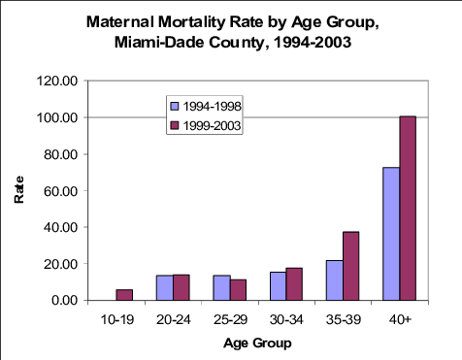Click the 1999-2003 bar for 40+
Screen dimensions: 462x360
click(408, 209)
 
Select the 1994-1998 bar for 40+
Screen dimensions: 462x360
click(391, 234)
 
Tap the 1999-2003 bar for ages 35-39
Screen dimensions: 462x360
click(351, 266)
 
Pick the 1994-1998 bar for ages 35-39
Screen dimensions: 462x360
click(335, 280)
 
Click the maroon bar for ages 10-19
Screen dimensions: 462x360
click(124, 295)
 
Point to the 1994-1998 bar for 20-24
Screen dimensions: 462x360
click(165, 288)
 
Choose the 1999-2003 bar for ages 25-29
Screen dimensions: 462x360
click(238, 290)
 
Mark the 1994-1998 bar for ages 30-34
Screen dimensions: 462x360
click(278, 286)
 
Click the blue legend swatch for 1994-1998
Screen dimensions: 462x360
click(175, 106)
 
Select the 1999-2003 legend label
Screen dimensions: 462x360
click(212, 126)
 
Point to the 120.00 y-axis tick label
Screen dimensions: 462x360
click(57, 81)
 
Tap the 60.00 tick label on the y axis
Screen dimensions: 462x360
click(61, 191)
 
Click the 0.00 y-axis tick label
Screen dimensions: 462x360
click(65, 300)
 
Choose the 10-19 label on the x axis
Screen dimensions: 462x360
click(117, 319)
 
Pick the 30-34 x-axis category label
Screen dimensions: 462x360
click(286, 319)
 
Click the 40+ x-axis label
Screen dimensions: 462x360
click(400, 319)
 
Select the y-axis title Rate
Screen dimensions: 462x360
click(19, 189)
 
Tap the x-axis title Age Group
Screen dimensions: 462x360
click(257, 343)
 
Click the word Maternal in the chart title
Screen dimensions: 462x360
click(120, 22)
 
